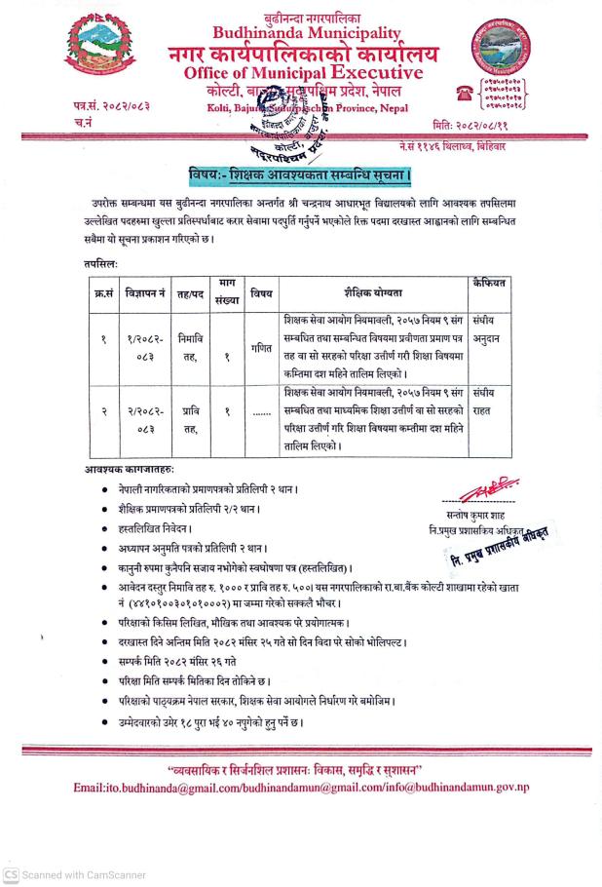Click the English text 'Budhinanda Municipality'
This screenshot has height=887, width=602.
point(300,32)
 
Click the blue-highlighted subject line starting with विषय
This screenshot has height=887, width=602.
point(301,175)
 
